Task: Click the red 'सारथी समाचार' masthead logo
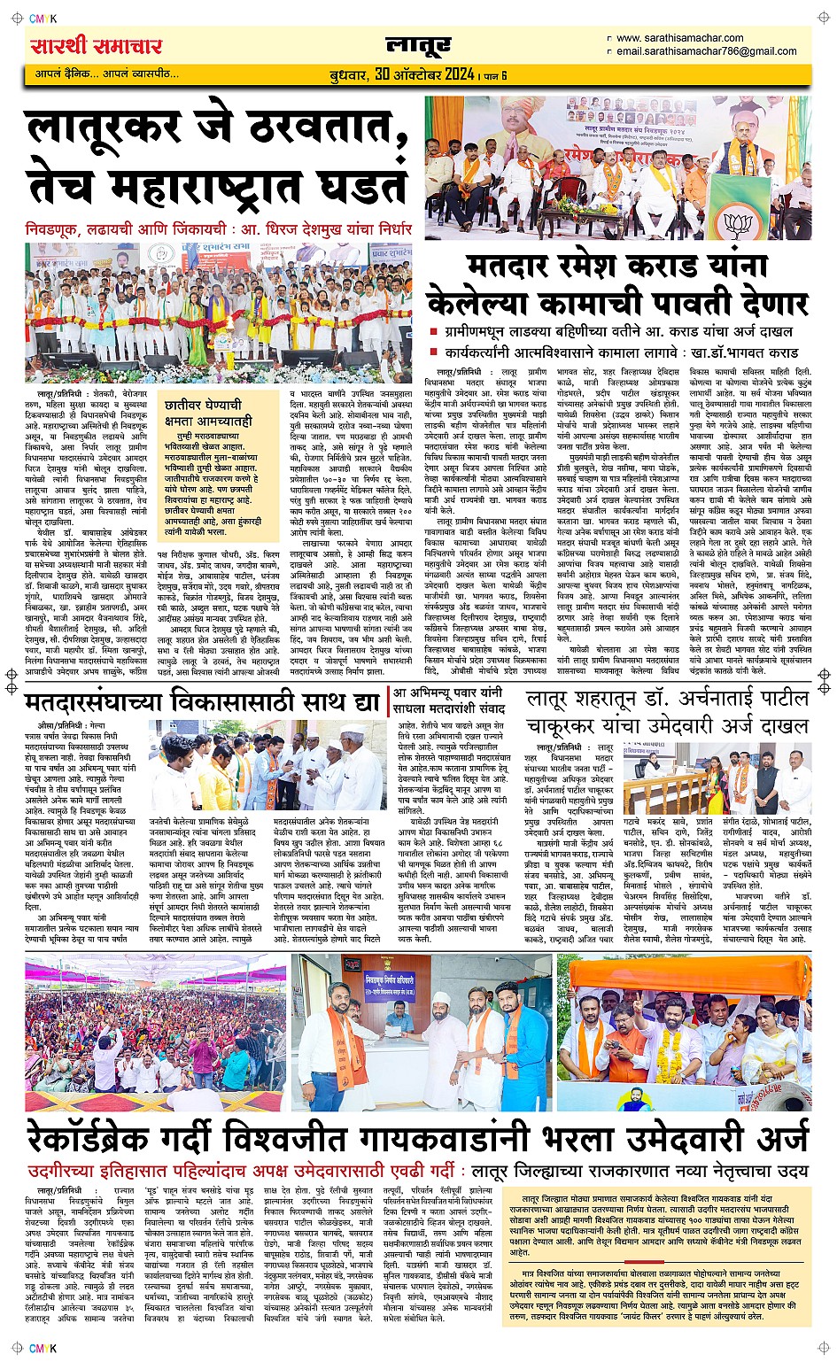pyautogui.click(x=97, y=46)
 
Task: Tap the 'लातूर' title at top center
pyautogui.click(x=418, y=45)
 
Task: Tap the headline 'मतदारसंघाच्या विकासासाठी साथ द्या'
pyautogui.click(x=203, y=703)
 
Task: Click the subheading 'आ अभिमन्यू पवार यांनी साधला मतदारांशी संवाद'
pyautogui.click(x=447, y=702)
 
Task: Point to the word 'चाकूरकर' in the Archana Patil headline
pyautogui.click(x=581, y=726)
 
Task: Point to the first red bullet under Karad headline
pyautogui.click(x=434, y=332)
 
